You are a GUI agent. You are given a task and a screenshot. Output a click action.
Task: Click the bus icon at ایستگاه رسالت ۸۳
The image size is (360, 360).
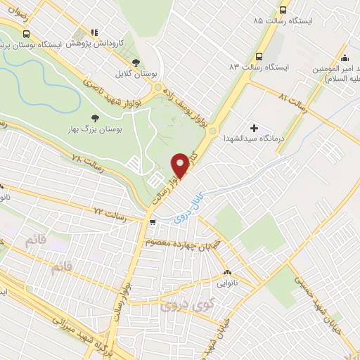tap(259, 56)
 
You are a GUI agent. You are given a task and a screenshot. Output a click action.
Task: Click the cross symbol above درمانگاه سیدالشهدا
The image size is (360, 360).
tap(254, 129)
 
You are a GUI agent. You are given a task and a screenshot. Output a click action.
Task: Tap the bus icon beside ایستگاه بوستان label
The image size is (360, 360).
tap(26, 34)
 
